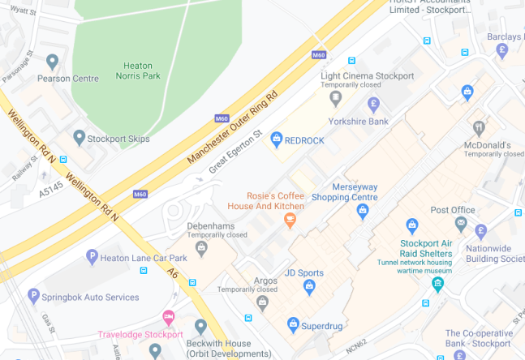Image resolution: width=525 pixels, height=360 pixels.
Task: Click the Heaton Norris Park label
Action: point(143,71)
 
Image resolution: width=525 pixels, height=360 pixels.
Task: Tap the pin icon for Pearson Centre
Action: point(53,62)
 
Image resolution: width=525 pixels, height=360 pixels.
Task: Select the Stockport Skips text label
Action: point(118,139)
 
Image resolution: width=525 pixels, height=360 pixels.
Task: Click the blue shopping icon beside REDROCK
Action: point(276,139)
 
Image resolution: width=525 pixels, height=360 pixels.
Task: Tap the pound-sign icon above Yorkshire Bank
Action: point(373,104)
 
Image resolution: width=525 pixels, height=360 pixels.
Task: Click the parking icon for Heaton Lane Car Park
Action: point(92,257)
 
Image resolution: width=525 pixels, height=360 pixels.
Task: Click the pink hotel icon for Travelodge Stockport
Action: point(169,317)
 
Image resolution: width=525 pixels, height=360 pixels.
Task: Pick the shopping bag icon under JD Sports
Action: point(309,285)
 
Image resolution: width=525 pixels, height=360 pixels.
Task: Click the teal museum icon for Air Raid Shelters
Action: point(437,284)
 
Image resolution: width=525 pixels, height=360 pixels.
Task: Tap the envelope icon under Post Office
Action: point(461,223)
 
